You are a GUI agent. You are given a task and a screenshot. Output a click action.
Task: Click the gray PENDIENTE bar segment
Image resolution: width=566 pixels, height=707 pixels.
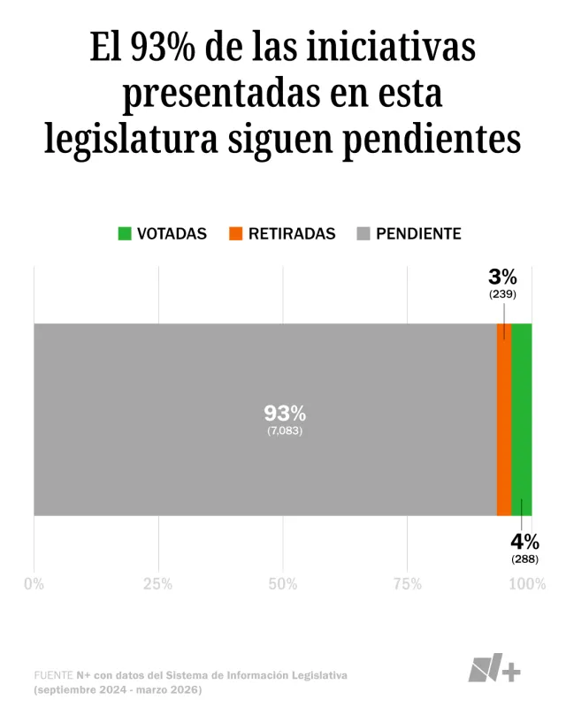pyautogui.click(x=265, y=371)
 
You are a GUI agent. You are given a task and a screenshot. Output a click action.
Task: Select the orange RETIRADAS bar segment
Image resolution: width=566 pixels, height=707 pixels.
pyautogui.click(x=504, y=420)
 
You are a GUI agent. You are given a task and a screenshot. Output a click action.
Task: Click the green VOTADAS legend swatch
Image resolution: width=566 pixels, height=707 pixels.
pyautogui.click(x=125, y=234)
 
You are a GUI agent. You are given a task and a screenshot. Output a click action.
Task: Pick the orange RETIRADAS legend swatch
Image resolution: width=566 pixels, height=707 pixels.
pyautogui.click(x=236, y=234)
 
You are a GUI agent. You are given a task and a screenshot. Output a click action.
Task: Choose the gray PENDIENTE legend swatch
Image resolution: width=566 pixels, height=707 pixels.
pyautogui.click(x=363, y=234)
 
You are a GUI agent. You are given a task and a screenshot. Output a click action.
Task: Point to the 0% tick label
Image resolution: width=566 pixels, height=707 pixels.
pyautogui.click(x=34, y=584)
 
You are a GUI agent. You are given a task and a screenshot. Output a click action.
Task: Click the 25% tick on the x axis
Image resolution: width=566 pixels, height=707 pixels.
pyautogui.click(x=158, y=584)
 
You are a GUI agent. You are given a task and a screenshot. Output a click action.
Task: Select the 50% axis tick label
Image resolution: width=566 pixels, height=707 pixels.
pyautogui.click(x=282, y=584)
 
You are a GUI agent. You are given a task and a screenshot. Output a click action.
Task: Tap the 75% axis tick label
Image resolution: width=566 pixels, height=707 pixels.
pyautogui.click(x=407, y=584)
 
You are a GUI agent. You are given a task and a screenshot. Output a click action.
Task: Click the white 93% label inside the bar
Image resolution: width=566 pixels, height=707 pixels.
pyautogui.click(x=285, y=413)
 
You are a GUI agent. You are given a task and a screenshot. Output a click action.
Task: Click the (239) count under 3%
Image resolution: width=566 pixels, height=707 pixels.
pyautogui.click(x=502, y=294)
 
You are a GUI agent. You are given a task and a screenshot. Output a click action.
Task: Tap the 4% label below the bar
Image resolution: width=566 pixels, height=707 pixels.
pyautogui.click(x=524, y=542)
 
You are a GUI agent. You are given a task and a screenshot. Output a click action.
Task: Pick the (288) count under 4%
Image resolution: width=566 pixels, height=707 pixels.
pyautogui.click(x=524, y=559)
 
